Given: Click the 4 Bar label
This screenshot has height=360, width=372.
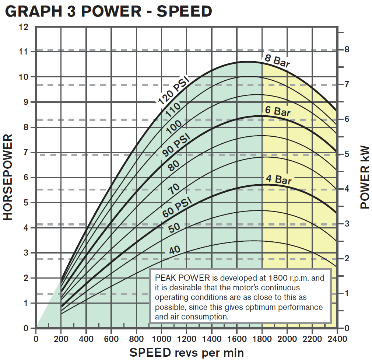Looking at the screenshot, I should [x=279, y=179].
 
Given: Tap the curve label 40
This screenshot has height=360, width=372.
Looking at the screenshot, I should [x=175, y=250].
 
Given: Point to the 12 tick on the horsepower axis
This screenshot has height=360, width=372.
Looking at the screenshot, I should [x=24, y=27].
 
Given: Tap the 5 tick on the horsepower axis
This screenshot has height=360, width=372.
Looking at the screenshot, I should [x=26, y=203].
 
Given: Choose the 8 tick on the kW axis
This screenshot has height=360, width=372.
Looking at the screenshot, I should [x=346, y=50].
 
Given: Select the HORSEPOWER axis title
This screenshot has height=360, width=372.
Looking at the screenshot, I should [x=8, y=177].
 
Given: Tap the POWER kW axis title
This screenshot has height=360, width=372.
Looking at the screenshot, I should [x=364, y=177].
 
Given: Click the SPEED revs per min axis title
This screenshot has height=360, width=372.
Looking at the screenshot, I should [x=186, y=353].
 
